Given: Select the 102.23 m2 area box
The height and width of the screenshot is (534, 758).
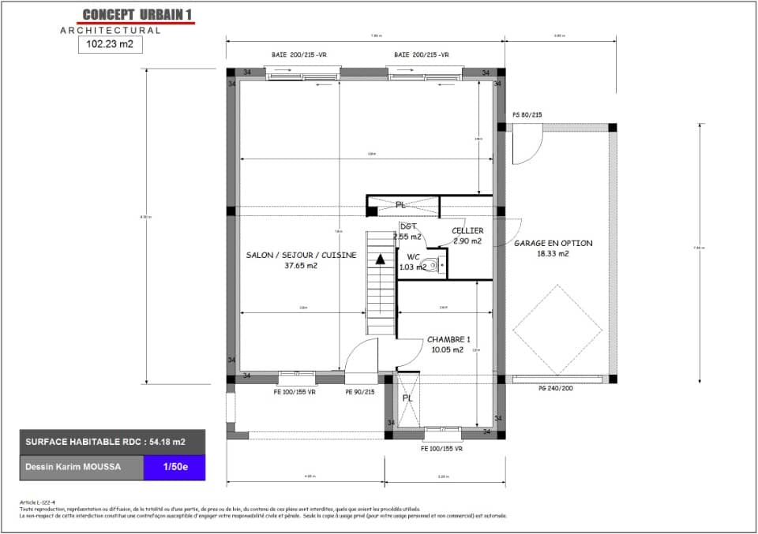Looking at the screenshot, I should coord(110,46).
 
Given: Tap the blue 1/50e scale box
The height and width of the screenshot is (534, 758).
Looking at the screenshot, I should coord(174,467).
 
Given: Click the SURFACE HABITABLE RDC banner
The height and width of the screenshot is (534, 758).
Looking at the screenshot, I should coord(112,442).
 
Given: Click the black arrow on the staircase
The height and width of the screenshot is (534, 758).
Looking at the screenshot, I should coord(381,258).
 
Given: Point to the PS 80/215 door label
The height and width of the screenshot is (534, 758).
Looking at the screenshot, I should coord(527,115).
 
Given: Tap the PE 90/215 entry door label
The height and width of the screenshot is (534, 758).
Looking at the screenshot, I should coord(359,391).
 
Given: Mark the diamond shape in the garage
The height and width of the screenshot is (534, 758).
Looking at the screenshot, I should coord(557,330).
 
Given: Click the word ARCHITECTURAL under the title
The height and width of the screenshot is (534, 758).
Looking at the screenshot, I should coord(111,31).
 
